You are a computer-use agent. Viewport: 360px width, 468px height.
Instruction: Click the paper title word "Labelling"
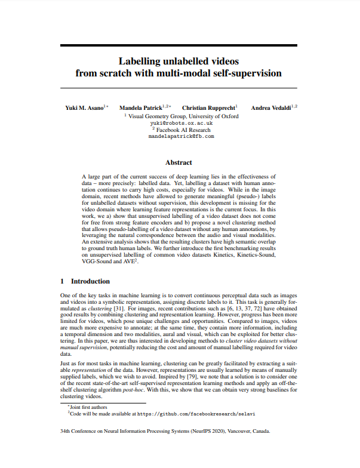(140, 61)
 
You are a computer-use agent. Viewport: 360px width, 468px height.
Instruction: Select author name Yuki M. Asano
(84, 107)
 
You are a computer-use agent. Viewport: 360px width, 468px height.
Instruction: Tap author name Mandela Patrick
(140, 107)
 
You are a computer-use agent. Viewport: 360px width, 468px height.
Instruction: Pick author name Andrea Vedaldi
(270, 107)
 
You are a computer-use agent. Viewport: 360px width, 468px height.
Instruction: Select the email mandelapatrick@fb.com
(181, 136)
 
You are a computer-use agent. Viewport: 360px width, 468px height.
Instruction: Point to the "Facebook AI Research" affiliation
(183, 130)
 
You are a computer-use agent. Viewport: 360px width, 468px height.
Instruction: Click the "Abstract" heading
(179, 162)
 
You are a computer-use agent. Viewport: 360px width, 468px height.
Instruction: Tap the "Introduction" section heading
(90, 281)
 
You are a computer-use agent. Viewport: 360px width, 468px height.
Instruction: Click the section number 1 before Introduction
(63, 281)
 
